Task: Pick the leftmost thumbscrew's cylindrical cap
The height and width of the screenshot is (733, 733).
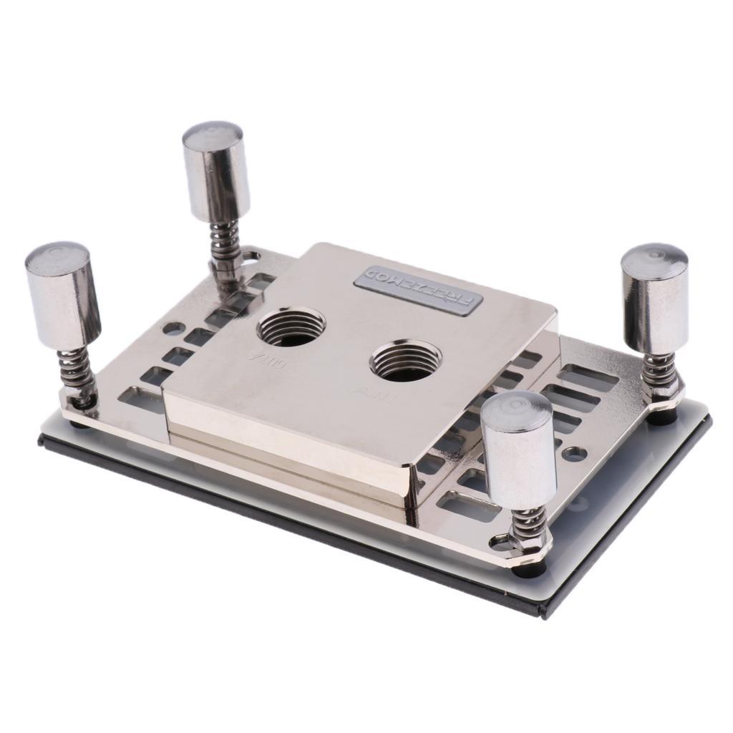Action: pos(59,293)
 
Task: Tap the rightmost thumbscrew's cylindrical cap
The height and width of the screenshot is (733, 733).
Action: pos(654,296)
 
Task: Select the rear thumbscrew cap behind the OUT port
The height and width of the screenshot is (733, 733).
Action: pos(216,170)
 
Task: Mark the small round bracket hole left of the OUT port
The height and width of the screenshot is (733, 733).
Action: pos(173,329)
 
